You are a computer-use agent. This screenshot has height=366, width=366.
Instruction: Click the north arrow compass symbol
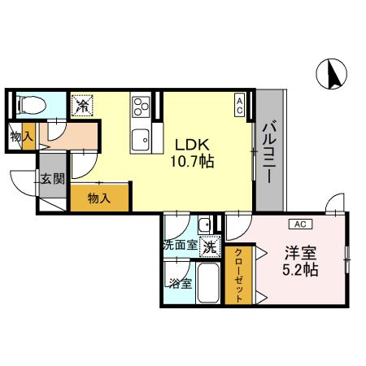pos(332,73)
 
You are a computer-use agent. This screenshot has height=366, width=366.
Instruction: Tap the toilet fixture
pos(32,105)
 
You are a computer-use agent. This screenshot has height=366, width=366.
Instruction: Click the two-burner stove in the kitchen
pos(141,107)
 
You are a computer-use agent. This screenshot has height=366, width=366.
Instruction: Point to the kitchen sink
pos(140,140)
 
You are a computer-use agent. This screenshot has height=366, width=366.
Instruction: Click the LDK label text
pos(192,145)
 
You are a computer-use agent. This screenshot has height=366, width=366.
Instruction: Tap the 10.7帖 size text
pos(192,161)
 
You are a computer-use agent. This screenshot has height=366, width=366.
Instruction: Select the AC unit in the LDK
pos(239,105)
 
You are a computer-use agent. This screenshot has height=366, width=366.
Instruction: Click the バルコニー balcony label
pos(270,153)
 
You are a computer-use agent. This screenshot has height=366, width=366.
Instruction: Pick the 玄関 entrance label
pos(53,178)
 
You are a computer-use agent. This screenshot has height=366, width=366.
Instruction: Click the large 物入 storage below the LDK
pos(99,198)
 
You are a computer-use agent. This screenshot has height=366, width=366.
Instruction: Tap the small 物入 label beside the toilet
pos(22,137)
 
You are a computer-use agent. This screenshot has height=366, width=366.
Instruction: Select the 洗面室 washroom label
pos(181,246)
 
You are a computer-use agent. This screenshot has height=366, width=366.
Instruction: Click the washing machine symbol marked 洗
pos(210,246)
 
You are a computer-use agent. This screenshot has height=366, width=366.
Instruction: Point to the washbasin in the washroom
pos(205,224)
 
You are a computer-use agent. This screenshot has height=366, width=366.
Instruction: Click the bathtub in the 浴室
pos(208,282)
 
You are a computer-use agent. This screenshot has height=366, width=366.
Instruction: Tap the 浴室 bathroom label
pos(181,284)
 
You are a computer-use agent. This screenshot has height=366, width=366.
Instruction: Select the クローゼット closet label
pos(238,276)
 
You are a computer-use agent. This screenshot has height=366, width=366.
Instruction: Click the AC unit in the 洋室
pos(300,224)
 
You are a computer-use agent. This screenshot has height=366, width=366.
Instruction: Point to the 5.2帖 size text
pos(300,270)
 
